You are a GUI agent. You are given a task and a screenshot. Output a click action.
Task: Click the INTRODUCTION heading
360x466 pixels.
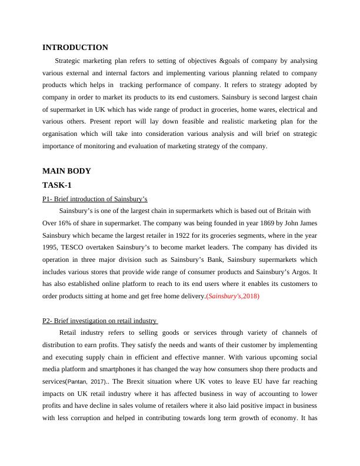pos(75,48)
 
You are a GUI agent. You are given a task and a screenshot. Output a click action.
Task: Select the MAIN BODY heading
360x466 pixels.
pos(66,171)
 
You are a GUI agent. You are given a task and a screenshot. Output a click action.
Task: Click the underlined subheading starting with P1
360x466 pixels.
pos(95,199)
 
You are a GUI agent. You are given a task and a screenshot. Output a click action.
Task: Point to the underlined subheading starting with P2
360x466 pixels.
pos(99,321)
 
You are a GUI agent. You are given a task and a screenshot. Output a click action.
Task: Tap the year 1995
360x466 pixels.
pos(50,248)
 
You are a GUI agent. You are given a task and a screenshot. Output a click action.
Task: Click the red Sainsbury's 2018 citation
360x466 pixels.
pos(234,297)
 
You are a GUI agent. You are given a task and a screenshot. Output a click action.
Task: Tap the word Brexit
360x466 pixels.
pos(131,381)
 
